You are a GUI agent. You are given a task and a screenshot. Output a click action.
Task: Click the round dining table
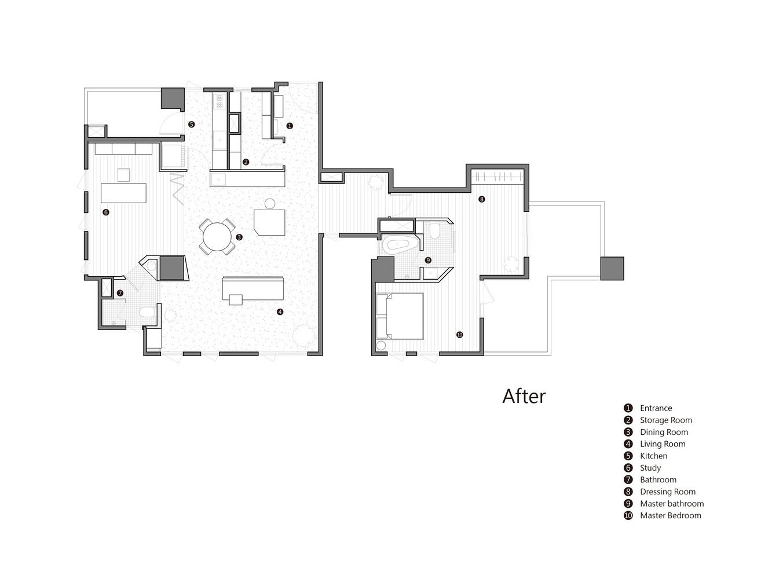(217, 237)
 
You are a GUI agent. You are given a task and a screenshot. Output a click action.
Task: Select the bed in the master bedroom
(400, 316)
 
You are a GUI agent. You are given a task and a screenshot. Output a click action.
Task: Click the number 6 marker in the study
(105, 212)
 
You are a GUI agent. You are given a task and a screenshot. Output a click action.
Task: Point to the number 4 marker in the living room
(280, 312)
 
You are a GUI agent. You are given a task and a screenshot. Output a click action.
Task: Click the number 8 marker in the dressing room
(481, 199)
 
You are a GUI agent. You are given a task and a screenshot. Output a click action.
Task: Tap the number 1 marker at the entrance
(290, 126)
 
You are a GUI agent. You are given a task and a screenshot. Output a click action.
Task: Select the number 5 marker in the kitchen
(191, 124)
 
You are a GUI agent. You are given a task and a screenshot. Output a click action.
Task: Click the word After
(524, 396)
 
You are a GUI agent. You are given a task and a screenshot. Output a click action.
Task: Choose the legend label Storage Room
(666, 420)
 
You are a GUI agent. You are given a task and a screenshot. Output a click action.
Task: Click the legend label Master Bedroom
(670, 515)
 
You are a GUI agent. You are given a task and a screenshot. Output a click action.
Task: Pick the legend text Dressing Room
(668, 492)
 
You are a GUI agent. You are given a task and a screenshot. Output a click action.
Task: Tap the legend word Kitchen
(653, 456)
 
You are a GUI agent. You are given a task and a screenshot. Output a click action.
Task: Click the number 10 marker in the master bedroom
(459, 335)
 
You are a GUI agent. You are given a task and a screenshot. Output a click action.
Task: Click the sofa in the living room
(253, 288)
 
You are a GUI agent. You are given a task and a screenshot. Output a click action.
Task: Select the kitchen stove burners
(219, 101)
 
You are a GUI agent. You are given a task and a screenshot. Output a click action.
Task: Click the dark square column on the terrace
(612, 268)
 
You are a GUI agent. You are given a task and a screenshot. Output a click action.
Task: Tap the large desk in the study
(123, 193)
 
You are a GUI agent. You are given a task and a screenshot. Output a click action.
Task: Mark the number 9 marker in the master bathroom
(427, 260)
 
